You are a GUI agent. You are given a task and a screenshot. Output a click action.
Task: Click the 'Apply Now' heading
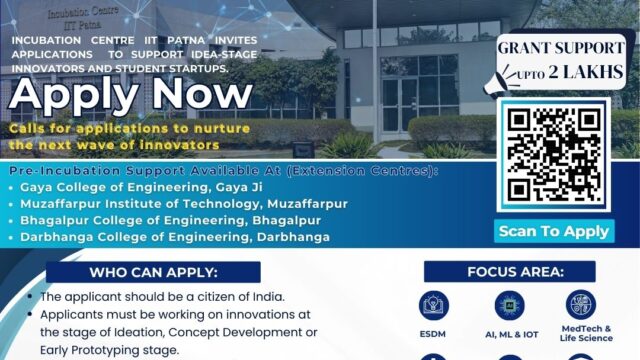(131, 97)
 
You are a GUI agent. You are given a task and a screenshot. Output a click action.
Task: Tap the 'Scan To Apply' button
(553, 231)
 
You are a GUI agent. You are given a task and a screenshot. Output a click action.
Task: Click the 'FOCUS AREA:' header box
(509, 272)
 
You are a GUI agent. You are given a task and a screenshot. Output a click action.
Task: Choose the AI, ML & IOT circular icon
(508, 305)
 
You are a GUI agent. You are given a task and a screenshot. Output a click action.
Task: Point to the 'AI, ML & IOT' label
(508, 333)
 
